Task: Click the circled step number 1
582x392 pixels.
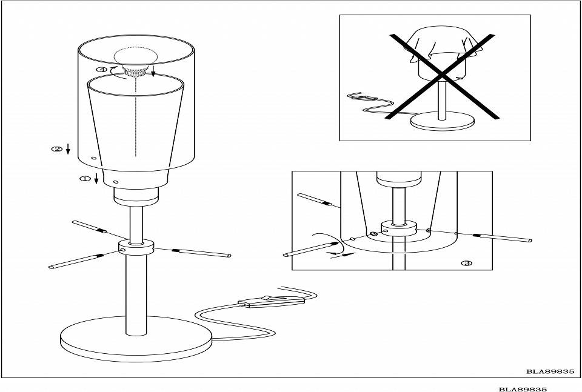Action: pyautogui.click(x=85, y=179)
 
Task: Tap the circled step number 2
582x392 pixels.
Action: pyautogui.click(x=57, y=148)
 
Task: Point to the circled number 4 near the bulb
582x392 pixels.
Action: pyautogui.click(x=101, y=70)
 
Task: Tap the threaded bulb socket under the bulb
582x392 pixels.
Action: pyautogui.click(x=134, y=72)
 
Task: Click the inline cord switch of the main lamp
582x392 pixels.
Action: pyautogui.click(x=272, y=301)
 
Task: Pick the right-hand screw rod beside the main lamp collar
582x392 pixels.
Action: pyautogui.click(x=201, y=253)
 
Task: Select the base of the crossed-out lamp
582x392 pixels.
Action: pyautogui.click(x=441, y=122)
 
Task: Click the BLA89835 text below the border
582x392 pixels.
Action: pyautogui.click(x=523, y=388)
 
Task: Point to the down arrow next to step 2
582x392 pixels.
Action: pyautogui.click(x=69, y=148)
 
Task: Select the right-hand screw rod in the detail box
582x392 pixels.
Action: pyautogui.click(x=503, y=237)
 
